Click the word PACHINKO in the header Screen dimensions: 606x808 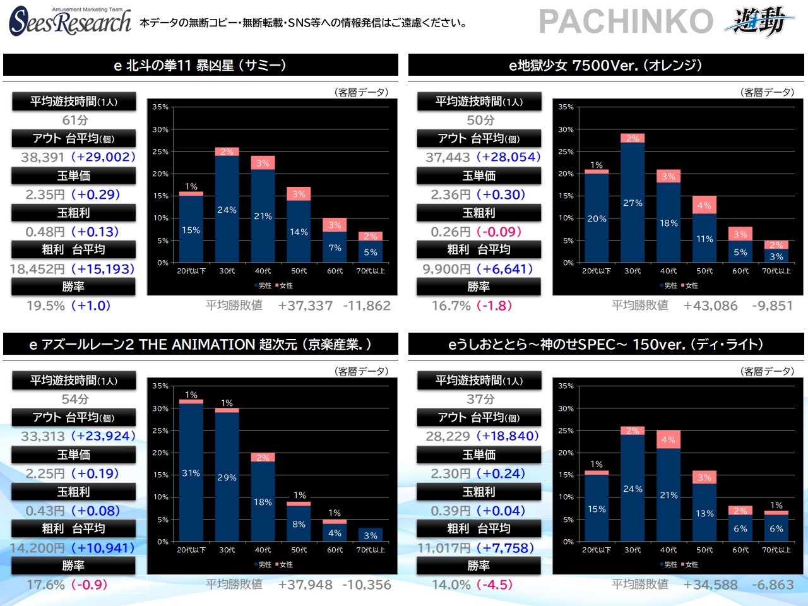coord(626,21)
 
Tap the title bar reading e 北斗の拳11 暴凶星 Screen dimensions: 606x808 coord(200,65)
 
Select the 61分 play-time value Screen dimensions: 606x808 coord(74,120)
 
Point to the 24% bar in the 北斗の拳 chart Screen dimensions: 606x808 coord(227,209)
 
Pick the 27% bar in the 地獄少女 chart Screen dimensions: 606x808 coord(633,202)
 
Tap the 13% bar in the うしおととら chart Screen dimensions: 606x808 coord(704,513)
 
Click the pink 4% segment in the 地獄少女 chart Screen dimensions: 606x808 coord(704,205)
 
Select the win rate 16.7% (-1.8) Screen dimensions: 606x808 coord(472,306)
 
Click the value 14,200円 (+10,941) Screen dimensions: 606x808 coord(73,548)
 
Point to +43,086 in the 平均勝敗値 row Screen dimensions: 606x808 coord(710,306)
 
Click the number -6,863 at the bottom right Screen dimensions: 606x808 coord(772,585)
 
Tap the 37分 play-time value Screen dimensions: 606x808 coord(480,399)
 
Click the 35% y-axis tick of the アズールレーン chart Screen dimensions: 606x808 coord(160,386)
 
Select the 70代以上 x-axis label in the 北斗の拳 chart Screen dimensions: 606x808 coord(371,271)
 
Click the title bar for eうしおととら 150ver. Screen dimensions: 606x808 coord(605,344)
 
